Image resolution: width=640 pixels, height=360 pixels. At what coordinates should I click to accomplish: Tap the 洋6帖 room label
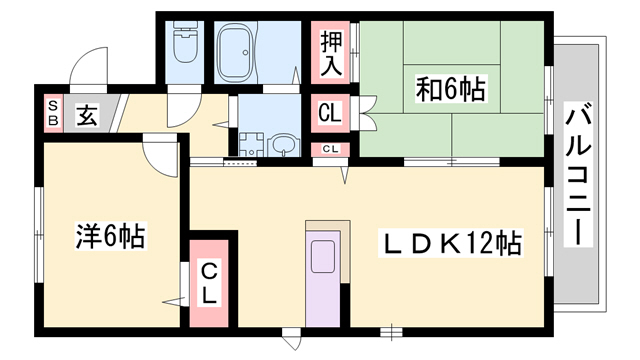(x=110, y=237)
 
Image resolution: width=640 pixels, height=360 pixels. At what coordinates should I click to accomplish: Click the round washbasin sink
(x=285, y=146)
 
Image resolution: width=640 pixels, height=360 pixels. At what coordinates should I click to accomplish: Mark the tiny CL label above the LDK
(x=329, y=150)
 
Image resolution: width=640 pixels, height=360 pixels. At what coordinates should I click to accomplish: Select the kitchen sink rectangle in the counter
(x=324, y=257)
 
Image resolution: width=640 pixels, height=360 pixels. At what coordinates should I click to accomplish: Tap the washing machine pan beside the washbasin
(x=250, y=143)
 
